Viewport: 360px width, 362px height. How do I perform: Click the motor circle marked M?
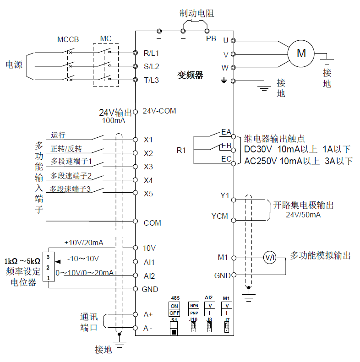click(x=301, y=53)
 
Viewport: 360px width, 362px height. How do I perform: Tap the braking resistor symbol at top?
click(x=195, y=21)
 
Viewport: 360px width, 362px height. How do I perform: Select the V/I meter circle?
click(x=269, y=258)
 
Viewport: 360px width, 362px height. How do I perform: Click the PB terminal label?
click(x=211, y=39)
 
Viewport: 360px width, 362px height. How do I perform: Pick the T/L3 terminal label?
click(x=151, y=80)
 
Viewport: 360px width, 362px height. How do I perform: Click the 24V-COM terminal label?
click(x=159, y=111)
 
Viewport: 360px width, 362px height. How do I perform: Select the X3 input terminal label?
click(x=148, y=166)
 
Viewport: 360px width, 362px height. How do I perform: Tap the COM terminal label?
click(x=152, y=223)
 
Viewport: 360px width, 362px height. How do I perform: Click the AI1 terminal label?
click(x=149, y=262)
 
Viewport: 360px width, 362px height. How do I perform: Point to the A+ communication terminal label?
click(x=148, y=314)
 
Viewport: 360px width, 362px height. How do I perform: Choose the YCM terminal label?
click(x=219, y=216)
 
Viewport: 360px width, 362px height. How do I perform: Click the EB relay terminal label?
click(x=226, y=146)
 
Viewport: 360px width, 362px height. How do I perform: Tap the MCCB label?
click(x=68, y=39)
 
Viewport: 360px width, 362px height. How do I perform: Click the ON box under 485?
click(x=175, y=305)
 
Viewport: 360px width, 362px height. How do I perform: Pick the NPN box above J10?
click(x=194, y=305)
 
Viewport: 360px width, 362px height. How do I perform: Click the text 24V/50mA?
click(x=303, y=214)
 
